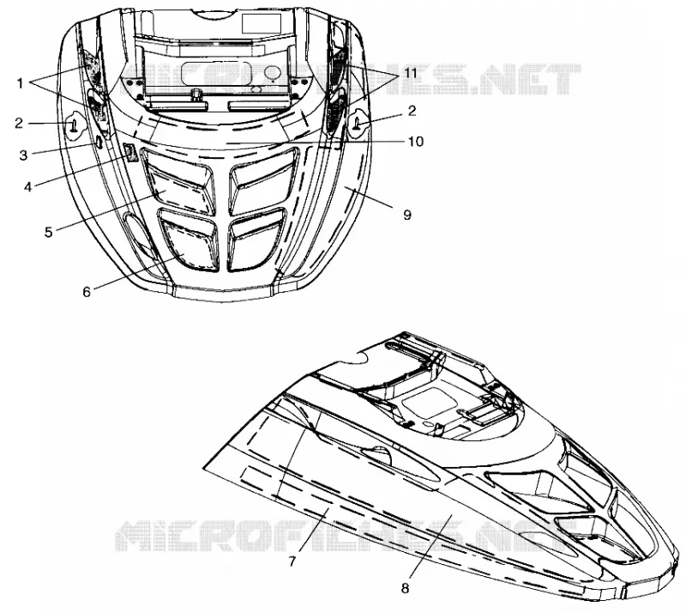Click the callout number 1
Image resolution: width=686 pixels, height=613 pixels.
coord(20,82)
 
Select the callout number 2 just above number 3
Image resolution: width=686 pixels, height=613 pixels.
coord(18,123)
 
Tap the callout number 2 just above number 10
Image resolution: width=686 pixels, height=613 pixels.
coord(412,111)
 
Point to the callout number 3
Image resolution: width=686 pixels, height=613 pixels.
coord(24,155)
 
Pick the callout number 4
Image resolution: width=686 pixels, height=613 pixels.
coord(28,186)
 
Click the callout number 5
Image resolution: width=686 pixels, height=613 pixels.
coord(49,232)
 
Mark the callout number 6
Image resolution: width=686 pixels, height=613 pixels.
coord(87,291)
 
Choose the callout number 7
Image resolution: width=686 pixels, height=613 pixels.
coord(293,561)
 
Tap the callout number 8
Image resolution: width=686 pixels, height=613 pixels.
coord(405,588)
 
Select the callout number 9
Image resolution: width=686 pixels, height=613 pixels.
coord(407,215)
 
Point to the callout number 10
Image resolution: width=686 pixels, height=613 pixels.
coord(416,142)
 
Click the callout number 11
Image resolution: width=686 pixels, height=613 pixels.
coord(410,73)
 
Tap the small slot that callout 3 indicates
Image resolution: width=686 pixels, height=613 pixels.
coord(99,143)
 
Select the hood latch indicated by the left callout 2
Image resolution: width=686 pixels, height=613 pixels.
coord(73,125)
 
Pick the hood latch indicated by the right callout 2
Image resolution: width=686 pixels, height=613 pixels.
coord(358,124)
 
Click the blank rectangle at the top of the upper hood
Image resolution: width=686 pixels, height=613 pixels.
coord(262,24)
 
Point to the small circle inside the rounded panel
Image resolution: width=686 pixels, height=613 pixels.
coord(273,73)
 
